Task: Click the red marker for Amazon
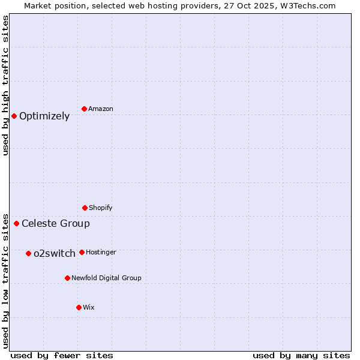tap(85, 109)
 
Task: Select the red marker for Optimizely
tap(14, 116)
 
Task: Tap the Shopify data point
tap(85, 208)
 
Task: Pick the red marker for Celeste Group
tap(17, 224)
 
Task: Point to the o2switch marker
tap(28, 253)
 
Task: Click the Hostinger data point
tap(82, 252)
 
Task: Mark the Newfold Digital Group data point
tap(67, 278)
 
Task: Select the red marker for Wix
tap(79, 307)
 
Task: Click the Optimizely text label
tap(44, 116)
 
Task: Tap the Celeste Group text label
tap(56, 224)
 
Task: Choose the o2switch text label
tap(55, 254)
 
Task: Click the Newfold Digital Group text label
tap(106, 278)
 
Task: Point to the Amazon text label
tap(101, 109)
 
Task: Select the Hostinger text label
tap(101, 253)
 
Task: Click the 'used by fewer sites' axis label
tap(62, 356)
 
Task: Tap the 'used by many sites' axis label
tap(301, 356)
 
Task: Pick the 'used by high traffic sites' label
tap(6, 85)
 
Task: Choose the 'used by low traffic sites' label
tap(6, 281)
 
